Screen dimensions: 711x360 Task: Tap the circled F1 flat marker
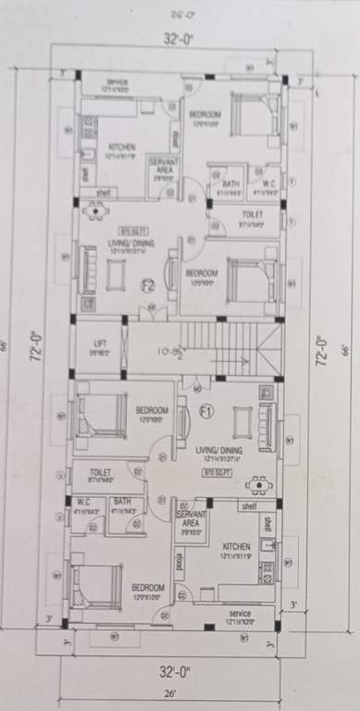click(x=205, y=409)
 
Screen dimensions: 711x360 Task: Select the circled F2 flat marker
click(x=146, y=283)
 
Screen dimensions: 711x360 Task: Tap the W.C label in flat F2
click(x=267, y=184)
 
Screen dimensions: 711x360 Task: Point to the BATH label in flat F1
click(x=123, y=505)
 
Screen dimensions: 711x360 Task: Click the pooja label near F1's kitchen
click(x=177, y=561)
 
